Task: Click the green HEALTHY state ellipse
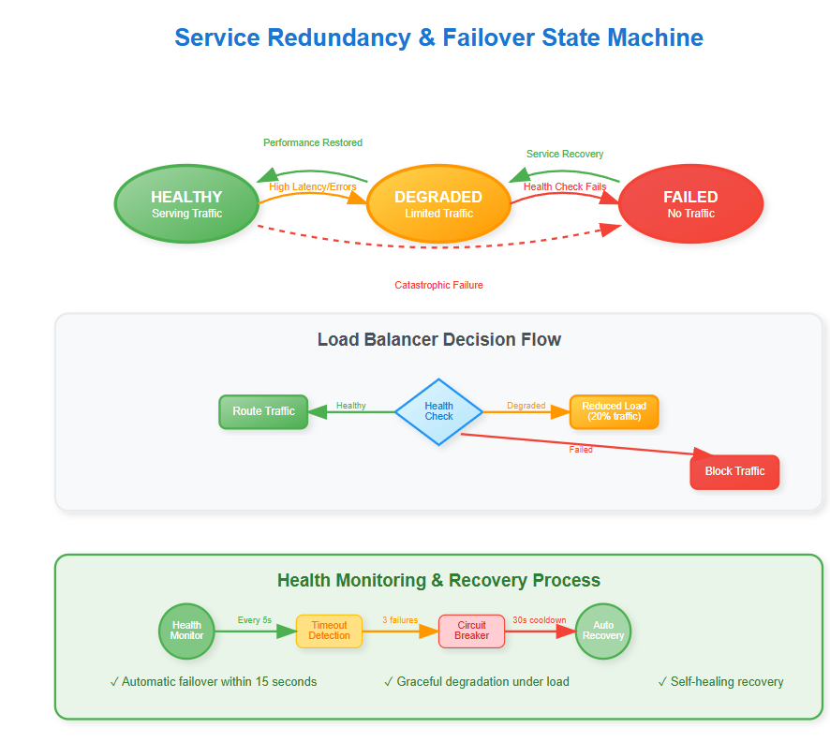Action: click(186, 203)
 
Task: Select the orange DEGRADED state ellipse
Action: click(438, 203)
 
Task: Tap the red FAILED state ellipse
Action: click(690, 203)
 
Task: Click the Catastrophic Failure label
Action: click(438, 285)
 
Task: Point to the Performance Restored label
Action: click(312, 142)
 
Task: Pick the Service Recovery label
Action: click(564, 154)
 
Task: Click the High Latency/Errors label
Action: click(313, 186)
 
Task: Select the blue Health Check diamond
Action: click(438, 411)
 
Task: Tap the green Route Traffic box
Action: click(263, 411)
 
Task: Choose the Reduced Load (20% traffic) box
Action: click(614, 411)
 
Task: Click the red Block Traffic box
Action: click(734, 471)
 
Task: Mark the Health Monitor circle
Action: click(186, 631)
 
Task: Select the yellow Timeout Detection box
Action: click(329, 631)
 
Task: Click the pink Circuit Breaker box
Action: click(471, 631)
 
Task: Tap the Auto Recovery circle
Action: click(602, 631)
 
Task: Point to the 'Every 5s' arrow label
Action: click(254, 620)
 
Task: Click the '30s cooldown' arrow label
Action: click(539, 620)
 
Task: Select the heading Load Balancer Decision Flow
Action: click(438, 339)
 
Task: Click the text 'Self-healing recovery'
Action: click(726, 681)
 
